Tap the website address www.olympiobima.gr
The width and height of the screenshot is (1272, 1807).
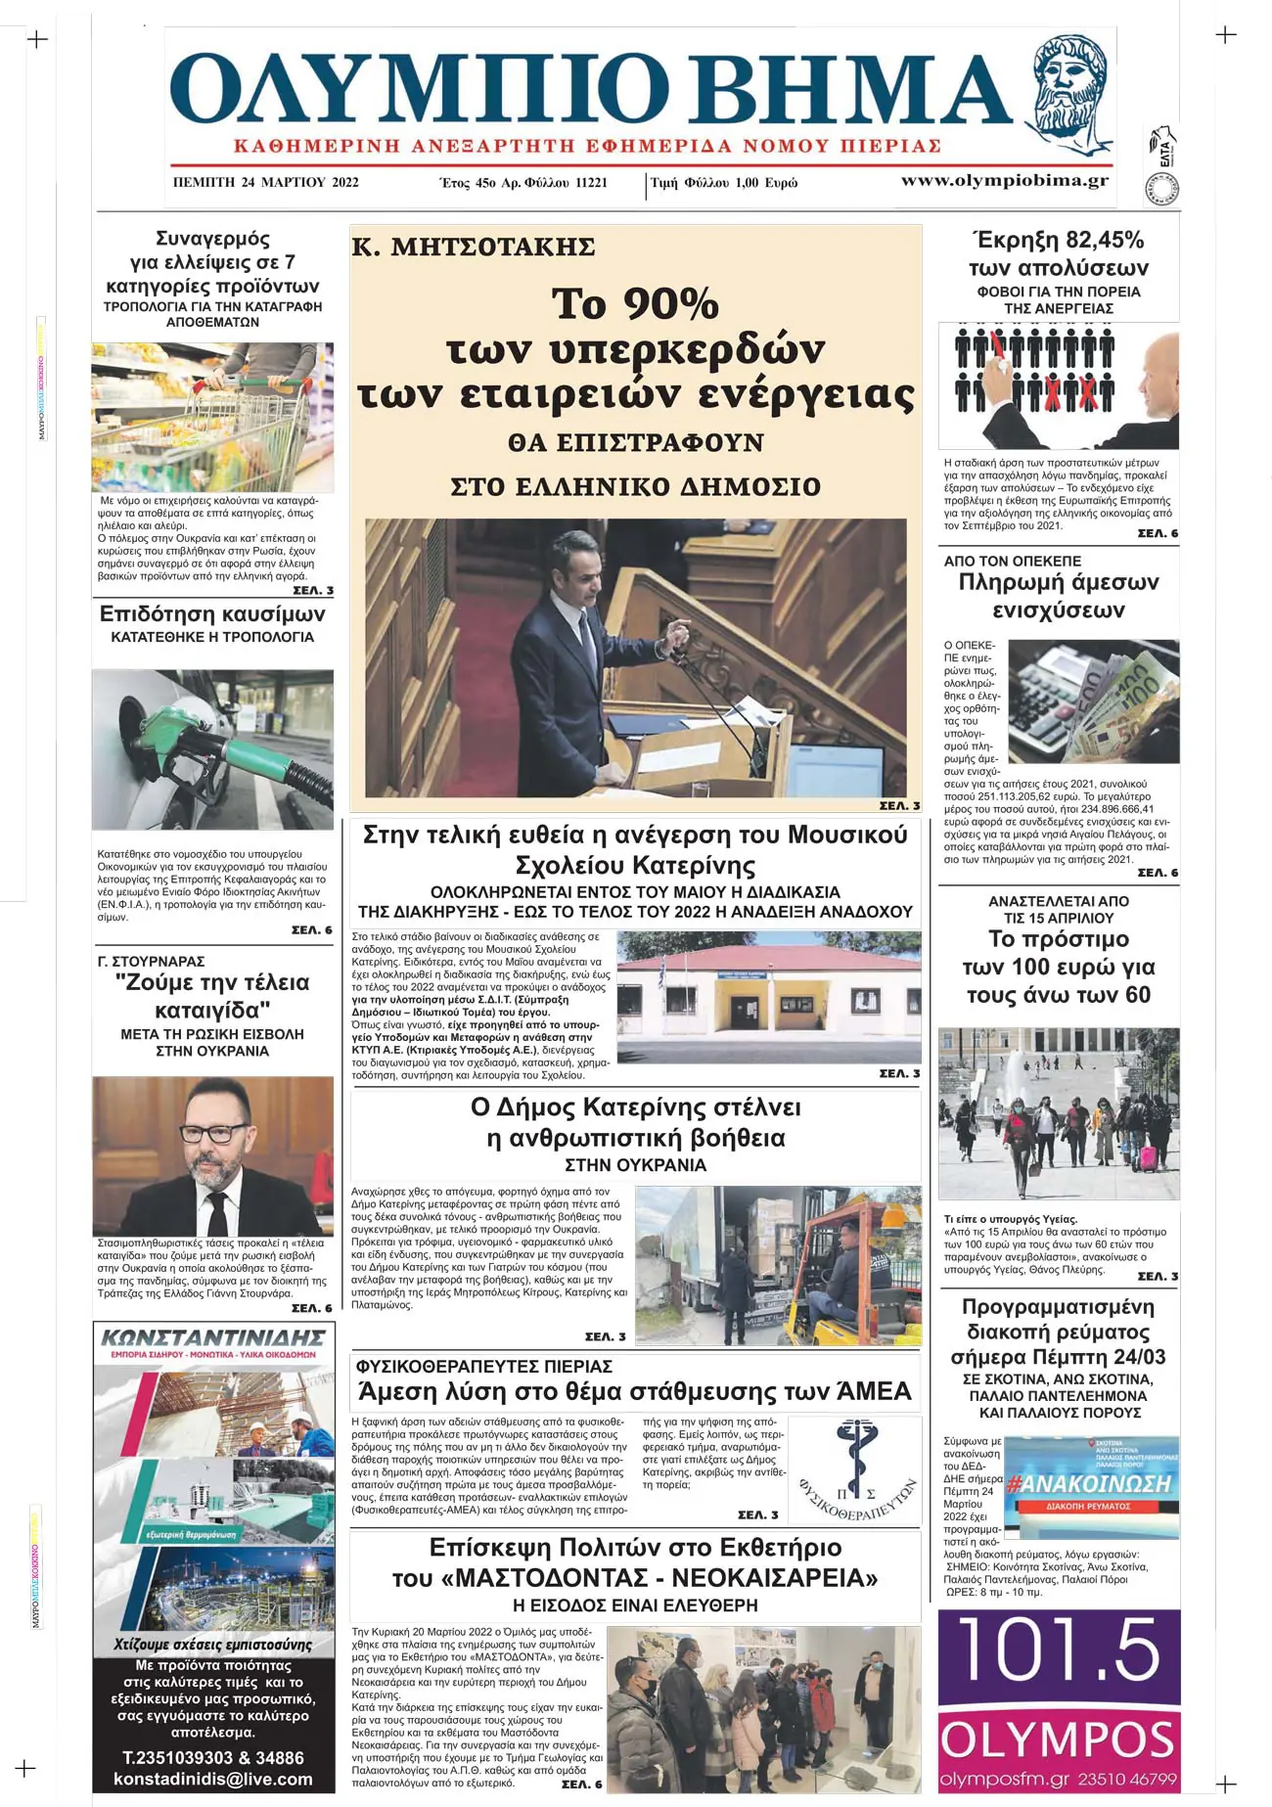(x=1004, y=181)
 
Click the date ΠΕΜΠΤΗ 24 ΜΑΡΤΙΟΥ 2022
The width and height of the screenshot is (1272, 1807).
(x=265, y=182)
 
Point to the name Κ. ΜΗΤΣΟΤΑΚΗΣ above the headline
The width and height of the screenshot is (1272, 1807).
(x=474, y=247)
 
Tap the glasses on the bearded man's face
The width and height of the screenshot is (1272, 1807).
(x=212, y=1133)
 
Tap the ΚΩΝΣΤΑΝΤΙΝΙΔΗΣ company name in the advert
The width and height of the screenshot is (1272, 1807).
(x=213, y=1336)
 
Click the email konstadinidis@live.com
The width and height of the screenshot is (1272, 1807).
(x=213, y=1779)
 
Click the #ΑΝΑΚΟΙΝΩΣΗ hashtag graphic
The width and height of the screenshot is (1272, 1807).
(x=1089, y=1483)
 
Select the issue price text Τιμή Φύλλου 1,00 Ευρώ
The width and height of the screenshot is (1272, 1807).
(x=724, y=183)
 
